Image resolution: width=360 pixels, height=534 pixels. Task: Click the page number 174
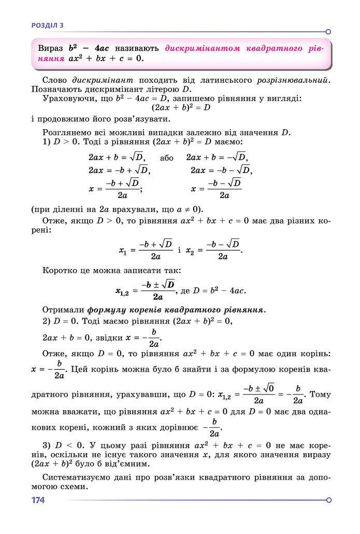pos(38,500)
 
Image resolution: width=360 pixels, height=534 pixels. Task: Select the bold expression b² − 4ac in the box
pos(89,48)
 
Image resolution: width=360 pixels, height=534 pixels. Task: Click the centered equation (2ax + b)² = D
pos(181,108)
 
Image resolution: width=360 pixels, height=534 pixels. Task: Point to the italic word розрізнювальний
pos(293,80)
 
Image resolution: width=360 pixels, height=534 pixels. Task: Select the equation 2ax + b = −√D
pos(217,157)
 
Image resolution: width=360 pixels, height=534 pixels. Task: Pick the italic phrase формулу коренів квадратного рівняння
pos(176,310)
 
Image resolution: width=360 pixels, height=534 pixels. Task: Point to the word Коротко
pos(59,271)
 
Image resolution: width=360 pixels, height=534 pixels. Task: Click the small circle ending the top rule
pos(328,32)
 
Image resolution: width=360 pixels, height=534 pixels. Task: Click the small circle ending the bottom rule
pos(328,500)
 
